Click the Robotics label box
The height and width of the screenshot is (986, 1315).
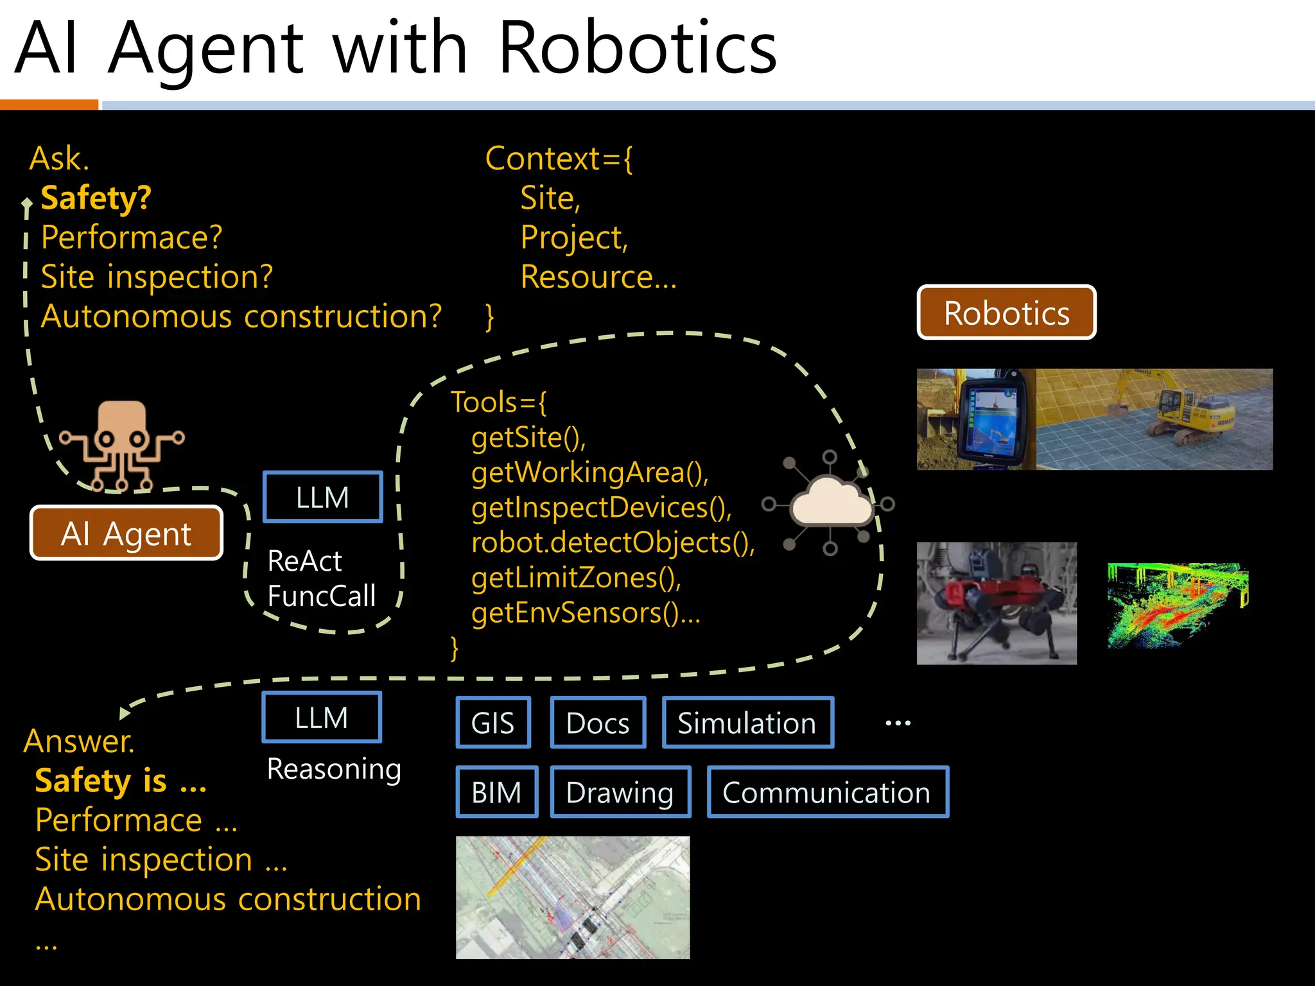pos(1006,313)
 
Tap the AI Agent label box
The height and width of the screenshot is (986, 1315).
pos(126,533)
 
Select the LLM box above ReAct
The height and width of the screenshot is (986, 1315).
pos(322,497)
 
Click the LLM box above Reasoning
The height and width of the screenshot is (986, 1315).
pos(322,717)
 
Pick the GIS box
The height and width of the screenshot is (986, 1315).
pos(493,723)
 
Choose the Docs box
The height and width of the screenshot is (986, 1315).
pos(598,723)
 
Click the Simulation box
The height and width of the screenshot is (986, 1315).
pos(747,723)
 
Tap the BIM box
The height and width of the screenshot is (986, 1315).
pos(496,792)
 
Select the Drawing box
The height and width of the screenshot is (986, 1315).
pos(620,792)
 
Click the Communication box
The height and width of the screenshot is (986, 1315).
pos(827,792)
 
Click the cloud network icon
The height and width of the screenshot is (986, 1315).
pos(830,503)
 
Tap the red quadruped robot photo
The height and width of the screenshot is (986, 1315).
pos(996,603)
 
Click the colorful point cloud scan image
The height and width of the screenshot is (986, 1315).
pos(1178,604)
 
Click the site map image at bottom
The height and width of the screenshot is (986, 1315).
pos(573,897)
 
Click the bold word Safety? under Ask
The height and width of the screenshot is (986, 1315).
pos(96,198)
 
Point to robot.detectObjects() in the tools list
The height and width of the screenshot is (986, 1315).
pos(613,542)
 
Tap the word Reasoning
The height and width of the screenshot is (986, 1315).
pos(334,768)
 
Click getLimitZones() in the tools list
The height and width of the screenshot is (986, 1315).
pos(576,578)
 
